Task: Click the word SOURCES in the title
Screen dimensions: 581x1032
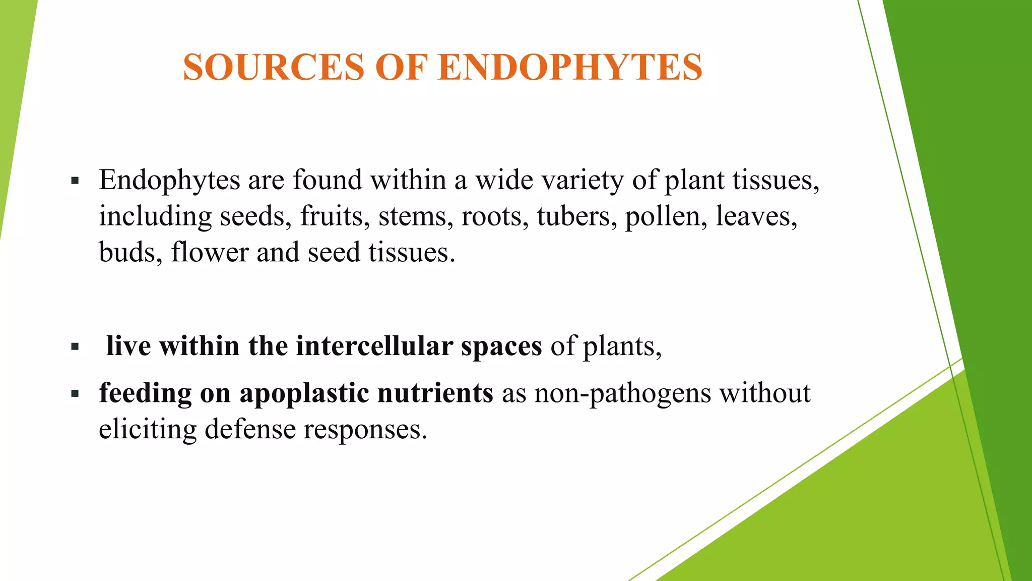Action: (x=273, y=68)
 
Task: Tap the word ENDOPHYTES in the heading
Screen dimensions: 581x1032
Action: (x=570, y=68)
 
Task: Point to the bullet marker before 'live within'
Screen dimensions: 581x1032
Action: (x=75, y=347)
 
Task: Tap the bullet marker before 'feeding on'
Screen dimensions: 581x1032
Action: (x=75, y=393)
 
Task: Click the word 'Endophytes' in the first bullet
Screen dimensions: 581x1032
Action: (x=169, y=181)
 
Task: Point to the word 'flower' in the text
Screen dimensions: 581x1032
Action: (x=210, y=252)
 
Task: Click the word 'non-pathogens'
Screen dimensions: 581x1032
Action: (x=622, y=393)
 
